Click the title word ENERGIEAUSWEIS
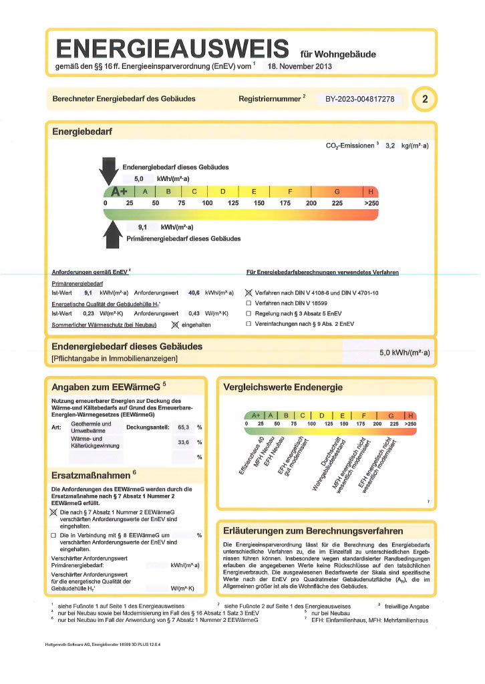173,49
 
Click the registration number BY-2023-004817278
359,99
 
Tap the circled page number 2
425,100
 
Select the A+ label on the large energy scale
119,192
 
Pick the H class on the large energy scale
369,192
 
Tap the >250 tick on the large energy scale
371,203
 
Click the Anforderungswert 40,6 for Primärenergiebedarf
194,293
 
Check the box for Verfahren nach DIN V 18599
249,303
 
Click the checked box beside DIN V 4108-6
249,293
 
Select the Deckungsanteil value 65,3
183,427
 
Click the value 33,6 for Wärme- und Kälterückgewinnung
183,442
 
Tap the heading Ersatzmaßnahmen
90,476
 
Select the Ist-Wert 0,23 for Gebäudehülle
88,313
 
